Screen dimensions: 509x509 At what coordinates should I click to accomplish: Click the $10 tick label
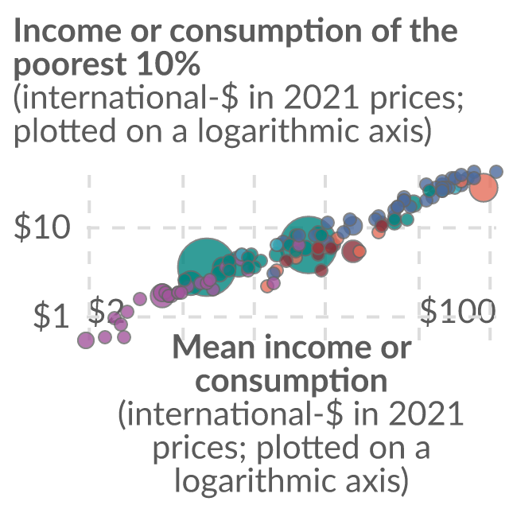42,227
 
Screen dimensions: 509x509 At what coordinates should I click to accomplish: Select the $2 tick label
106,312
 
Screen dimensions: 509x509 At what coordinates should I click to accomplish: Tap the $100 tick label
458,311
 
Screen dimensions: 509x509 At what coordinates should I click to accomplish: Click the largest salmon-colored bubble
484,188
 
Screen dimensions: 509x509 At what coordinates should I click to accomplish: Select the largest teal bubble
205,267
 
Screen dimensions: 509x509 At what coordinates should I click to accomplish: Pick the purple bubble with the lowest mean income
86,340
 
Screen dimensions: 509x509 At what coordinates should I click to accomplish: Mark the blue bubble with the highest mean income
496,171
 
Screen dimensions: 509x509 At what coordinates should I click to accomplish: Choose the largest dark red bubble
352,251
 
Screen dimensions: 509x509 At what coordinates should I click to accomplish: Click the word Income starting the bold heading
68,31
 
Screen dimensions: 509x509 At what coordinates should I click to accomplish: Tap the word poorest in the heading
70,64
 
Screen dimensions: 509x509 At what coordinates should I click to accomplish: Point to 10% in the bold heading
168,64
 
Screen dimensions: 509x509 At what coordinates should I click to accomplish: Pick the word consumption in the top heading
266,32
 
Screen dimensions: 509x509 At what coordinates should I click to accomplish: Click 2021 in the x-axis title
425,414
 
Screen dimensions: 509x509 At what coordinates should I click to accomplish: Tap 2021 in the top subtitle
321,98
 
